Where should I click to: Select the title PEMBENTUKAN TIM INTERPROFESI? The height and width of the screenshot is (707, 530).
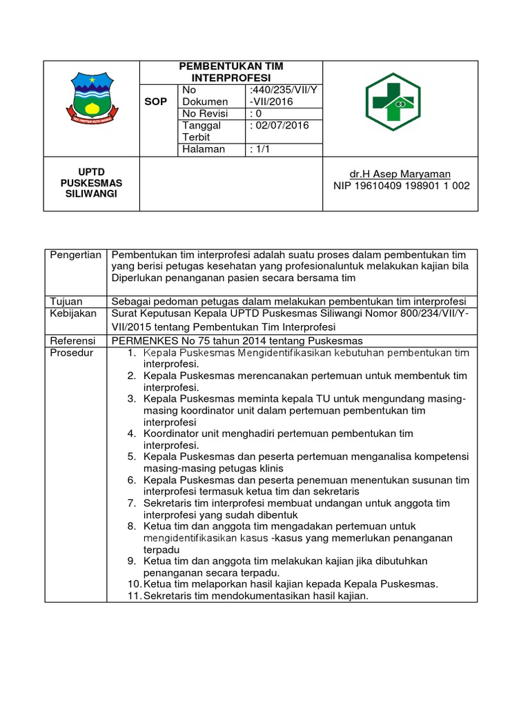click(231, 72)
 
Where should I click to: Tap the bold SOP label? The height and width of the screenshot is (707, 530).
click(155, 101)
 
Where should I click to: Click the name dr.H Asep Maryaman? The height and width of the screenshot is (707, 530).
click(401, 174)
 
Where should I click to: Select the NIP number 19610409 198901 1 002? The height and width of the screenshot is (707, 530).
click(401, 186)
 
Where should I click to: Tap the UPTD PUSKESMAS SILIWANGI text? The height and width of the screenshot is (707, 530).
click(91, 183)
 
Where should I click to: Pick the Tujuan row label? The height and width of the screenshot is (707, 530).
click(66, 301)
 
